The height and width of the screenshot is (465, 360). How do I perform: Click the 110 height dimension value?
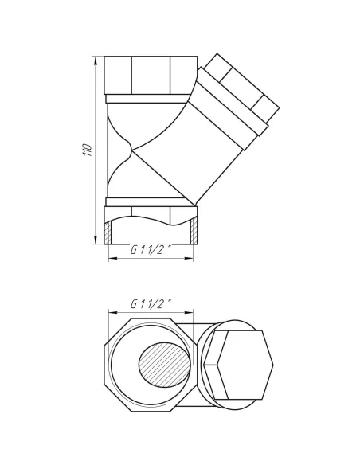click(88, 150)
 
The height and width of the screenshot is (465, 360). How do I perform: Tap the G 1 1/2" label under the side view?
click(151, 250)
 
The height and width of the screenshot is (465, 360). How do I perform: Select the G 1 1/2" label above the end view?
click(151, 304)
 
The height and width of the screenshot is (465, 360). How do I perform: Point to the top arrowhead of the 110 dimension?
click(96, 61)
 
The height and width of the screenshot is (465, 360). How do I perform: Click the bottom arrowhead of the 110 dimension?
click(96, 240)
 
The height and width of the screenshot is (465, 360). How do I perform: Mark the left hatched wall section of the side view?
click(108, 232)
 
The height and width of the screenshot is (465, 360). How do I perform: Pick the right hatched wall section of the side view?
click(194, 231)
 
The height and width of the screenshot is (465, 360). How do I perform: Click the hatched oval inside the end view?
click(164, 365)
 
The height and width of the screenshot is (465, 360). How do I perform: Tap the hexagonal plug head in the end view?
click(239, 365)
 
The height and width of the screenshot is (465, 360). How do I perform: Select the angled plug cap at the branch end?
click(242, 88)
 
